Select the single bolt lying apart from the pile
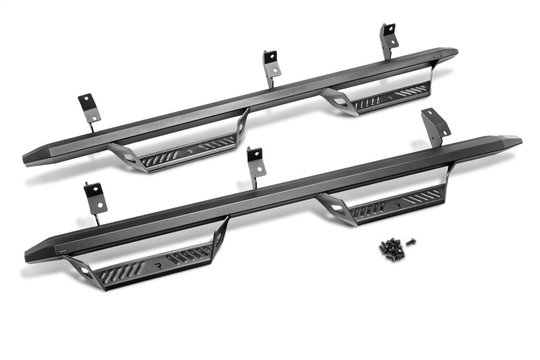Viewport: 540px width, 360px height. (x=411, y=241)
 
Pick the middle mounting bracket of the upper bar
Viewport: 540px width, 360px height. (x=271, y=62)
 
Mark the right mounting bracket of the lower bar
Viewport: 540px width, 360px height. (x=435, y=125)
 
